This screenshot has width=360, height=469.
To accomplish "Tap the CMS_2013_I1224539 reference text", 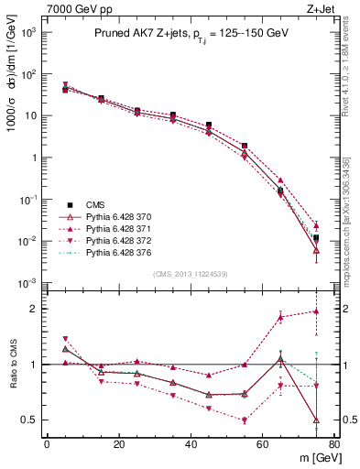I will coord(190,274).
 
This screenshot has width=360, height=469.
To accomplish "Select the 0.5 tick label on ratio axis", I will coord(29,420).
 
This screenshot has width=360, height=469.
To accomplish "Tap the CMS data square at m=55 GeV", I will coord(245,146).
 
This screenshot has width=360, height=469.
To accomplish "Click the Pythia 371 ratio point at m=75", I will coord(316,311).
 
